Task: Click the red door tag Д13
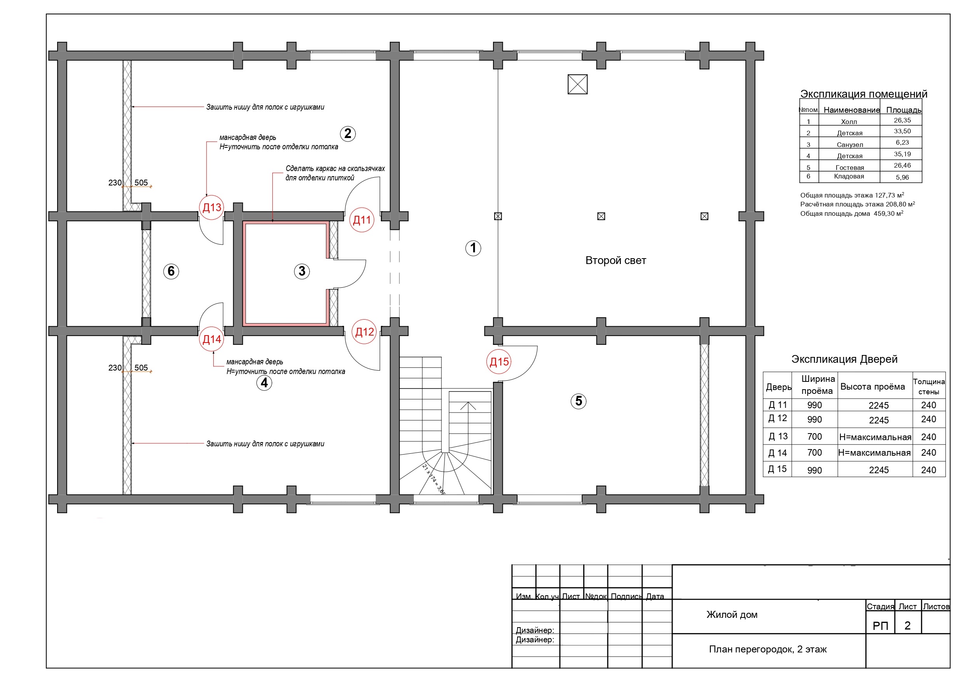(x=212, y=208)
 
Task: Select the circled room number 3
(x=302, y=271)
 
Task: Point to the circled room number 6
(x=171, y=271)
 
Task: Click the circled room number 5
(x=579, y=401)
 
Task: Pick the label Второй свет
(x=615, y=261)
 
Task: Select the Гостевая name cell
(x=849, y=168)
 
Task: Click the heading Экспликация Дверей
(x=844, y=359)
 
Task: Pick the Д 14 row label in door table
(x=777, y=453)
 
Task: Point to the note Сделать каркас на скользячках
(x=335, y=168)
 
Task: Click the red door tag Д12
(x=364, y=332)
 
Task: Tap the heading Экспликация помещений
(x=864, y=94)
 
